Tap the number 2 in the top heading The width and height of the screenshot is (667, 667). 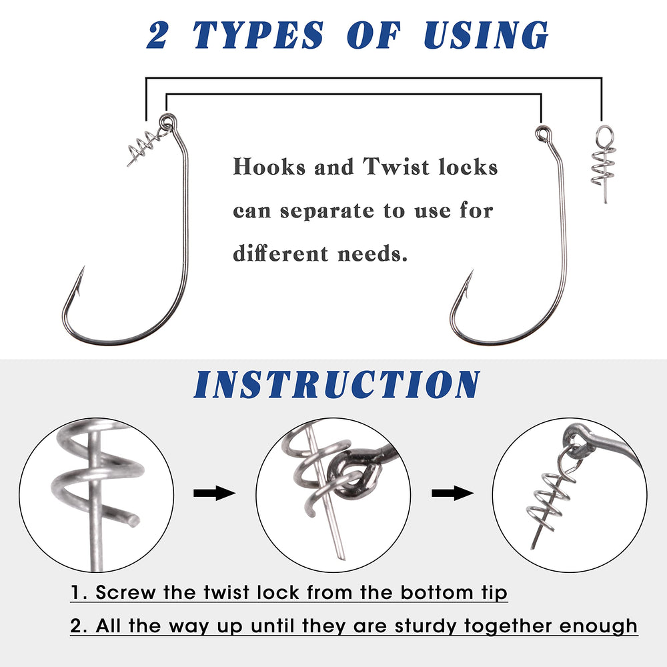(x=158, y=35)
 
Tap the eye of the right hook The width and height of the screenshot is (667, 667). (x=541, y=131)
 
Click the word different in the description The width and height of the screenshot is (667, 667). (x=271, y=254)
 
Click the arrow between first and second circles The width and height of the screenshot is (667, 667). (x=213, y=494)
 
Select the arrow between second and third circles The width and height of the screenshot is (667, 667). (x=452, y=494)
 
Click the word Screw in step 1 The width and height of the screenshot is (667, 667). (x=126, y=592)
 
